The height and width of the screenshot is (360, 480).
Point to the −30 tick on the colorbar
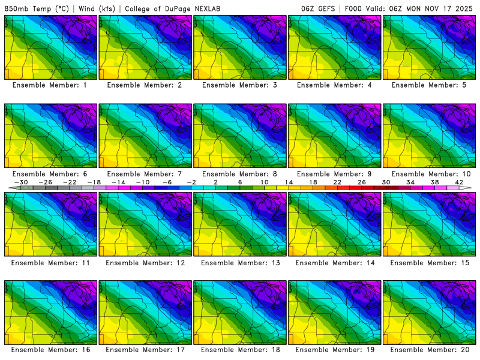21,182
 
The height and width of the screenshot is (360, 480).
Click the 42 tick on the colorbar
459,182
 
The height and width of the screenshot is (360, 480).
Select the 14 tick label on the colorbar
289,182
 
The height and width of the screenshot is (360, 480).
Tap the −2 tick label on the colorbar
191,182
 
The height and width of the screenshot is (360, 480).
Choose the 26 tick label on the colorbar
362,182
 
